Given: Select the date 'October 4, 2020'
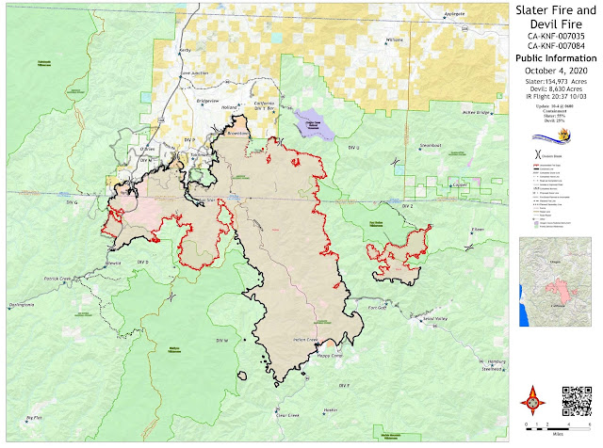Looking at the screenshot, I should [x=554, y=70].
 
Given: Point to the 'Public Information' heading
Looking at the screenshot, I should [x=554, y=56].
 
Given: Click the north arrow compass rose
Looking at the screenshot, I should [x=533, y=401].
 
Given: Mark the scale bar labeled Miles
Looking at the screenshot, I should [x=554, y=429].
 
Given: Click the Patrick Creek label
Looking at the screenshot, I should [x=59, y=279].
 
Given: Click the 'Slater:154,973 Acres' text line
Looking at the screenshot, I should [x=554, y=82].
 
